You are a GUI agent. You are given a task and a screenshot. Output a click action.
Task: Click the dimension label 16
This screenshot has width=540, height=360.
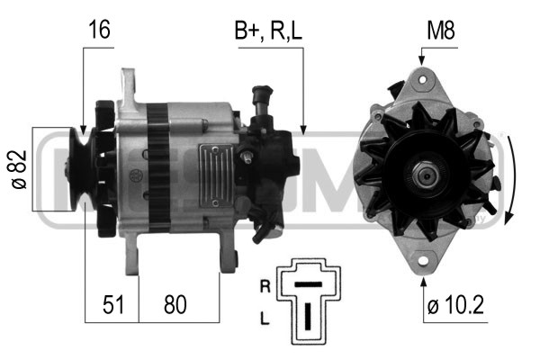[99, 30]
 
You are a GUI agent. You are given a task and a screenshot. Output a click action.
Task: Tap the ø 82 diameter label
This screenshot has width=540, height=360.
[19, 169]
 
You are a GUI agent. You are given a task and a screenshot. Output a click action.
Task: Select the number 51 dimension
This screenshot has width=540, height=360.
[113, 304]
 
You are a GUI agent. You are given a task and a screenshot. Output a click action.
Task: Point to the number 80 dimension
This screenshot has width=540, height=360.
[175, 304]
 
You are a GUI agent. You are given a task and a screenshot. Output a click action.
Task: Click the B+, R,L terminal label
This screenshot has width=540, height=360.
[268, 31]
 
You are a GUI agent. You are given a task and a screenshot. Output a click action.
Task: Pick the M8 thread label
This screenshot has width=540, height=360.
[441, 31]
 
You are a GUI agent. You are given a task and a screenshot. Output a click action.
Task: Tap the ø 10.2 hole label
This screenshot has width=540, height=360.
[455, 304]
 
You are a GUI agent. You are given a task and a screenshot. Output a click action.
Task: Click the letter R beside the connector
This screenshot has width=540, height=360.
[265, 286]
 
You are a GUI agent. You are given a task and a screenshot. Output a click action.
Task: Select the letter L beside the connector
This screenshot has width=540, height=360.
[265, 319]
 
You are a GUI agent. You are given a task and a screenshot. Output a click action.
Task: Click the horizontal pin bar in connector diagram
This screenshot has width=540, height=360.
[308, 284]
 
